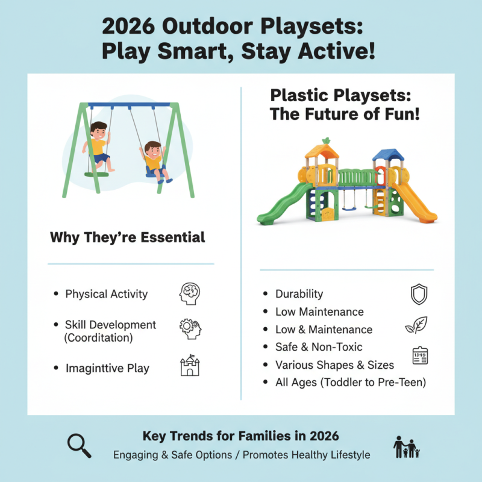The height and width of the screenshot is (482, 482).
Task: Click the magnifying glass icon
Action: coord(79,445)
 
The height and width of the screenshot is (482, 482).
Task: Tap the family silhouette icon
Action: coord(406,447)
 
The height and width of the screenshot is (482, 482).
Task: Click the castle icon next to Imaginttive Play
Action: coord(189,366)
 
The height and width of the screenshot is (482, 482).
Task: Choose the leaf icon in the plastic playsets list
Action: coord(416,325)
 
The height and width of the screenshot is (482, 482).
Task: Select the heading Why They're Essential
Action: coord(128,237)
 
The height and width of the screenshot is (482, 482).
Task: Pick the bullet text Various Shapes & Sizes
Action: coord(334,365)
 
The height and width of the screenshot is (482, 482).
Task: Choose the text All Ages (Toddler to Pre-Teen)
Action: coord(350,382)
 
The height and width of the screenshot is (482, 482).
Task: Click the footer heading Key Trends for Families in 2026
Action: coord(240,436)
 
